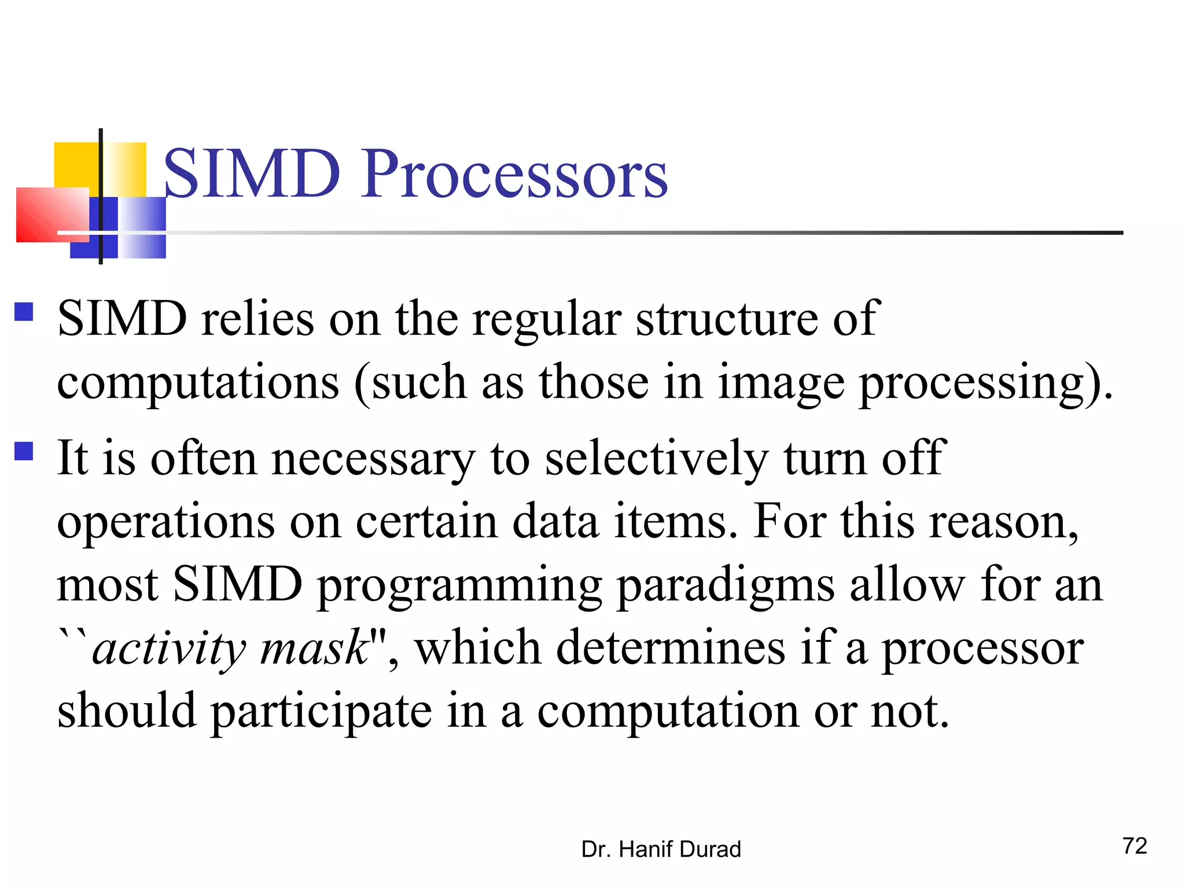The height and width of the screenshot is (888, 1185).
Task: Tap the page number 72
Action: [1134, 846]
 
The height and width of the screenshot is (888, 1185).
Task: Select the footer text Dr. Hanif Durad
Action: [661, 849]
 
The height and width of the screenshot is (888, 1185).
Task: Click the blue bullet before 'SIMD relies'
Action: [24, 312]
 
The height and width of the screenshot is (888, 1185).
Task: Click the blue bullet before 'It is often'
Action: [24, 451]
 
